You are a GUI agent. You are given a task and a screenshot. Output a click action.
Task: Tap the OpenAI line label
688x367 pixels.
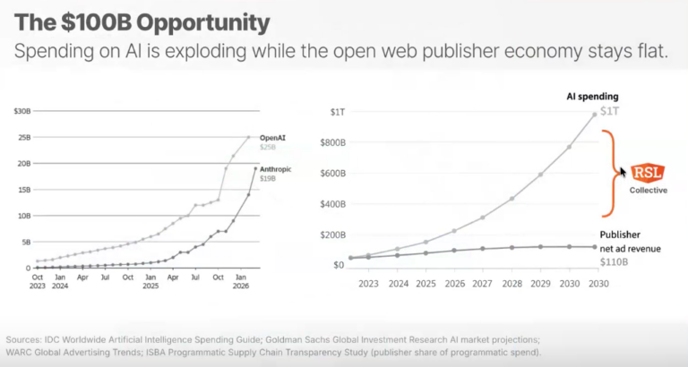(x=272, y=137)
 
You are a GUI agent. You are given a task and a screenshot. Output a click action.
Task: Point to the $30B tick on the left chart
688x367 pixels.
(x=21, y=111)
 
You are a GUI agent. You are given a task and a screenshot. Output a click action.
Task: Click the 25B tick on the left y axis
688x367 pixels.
(x=23, y=137)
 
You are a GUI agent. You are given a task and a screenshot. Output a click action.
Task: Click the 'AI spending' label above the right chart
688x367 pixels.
(x=591, y=96)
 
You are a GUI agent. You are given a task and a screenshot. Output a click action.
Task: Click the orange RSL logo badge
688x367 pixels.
(x=649, y=173)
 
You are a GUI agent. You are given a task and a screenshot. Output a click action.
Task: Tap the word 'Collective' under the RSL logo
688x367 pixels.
(x=649, y=190)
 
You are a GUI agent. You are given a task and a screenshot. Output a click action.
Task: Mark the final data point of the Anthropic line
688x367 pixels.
(x=255, y=168)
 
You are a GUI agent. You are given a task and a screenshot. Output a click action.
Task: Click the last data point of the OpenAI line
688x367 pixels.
(x=249, y=137)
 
